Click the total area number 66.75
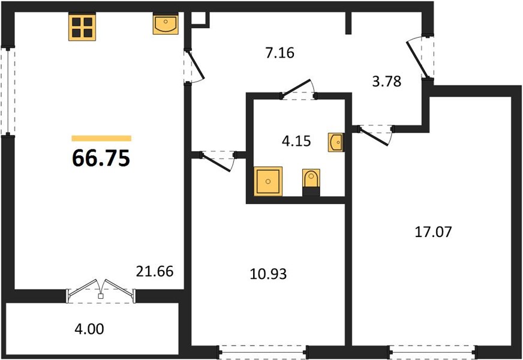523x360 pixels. tap(101, 158)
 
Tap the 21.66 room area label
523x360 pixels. tap(154, 271)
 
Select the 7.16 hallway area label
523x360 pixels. tap(280, 53)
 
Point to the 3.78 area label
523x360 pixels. tap(387, 82)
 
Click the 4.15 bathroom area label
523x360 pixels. tap(296, 141)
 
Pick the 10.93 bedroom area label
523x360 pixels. tap(268, 274)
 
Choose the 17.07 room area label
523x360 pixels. tap(433, 232)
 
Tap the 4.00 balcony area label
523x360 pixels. tap(89, 329)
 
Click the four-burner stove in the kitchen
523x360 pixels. tap(82, 27)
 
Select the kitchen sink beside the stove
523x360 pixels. tap(166, 23)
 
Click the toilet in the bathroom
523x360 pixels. tap(311, 182)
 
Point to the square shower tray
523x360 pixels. tap(268, 181)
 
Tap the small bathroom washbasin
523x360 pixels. tap(335, 142)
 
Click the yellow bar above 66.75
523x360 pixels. tap(101, 139)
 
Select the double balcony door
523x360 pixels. tap(101, 292)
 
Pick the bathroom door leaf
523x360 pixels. tap(296, 89)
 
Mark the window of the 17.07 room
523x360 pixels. tap(433, 351)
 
